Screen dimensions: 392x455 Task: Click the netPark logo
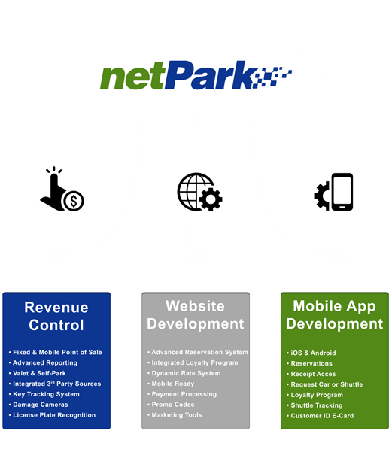click(x=196, y=75)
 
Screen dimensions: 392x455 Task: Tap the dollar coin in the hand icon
click(x=74, y=201)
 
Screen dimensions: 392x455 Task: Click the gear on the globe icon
click(x=211, y=199)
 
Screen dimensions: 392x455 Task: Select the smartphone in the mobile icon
click(x=342, y=192)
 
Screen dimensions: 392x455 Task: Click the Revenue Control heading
click(x=56, y=316)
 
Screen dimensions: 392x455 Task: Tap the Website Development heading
click(x=196, y=315)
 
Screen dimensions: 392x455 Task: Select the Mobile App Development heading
click(x=335, y=315)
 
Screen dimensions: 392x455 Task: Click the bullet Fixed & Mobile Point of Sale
click(x=56, y=352)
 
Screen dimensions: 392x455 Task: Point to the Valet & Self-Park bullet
click(x=38, y=373)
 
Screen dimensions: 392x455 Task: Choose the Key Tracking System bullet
click(x=44, y=394)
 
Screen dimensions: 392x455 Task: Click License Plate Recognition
click(x=52, y=415)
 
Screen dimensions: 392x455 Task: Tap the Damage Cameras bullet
click(x=38, y=405)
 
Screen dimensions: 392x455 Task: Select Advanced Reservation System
click(x=198, y=352)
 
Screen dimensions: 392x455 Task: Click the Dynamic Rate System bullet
click(x=184, y=373)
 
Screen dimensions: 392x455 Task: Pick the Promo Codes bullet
click(x=171, y=405)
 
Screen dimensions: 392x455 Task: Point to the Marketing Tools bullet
click(x=175, y=415)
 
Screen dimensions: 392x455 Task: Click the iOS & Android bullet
click(x=311, y=353)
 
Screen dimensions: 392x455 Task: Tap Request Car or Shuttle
click(x=325, y=384)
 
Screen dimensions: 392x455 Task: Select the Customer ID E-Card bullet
click(x=321, y=416)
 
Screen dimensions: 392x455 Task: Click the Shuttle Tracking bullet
click(x=315, y=405)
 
